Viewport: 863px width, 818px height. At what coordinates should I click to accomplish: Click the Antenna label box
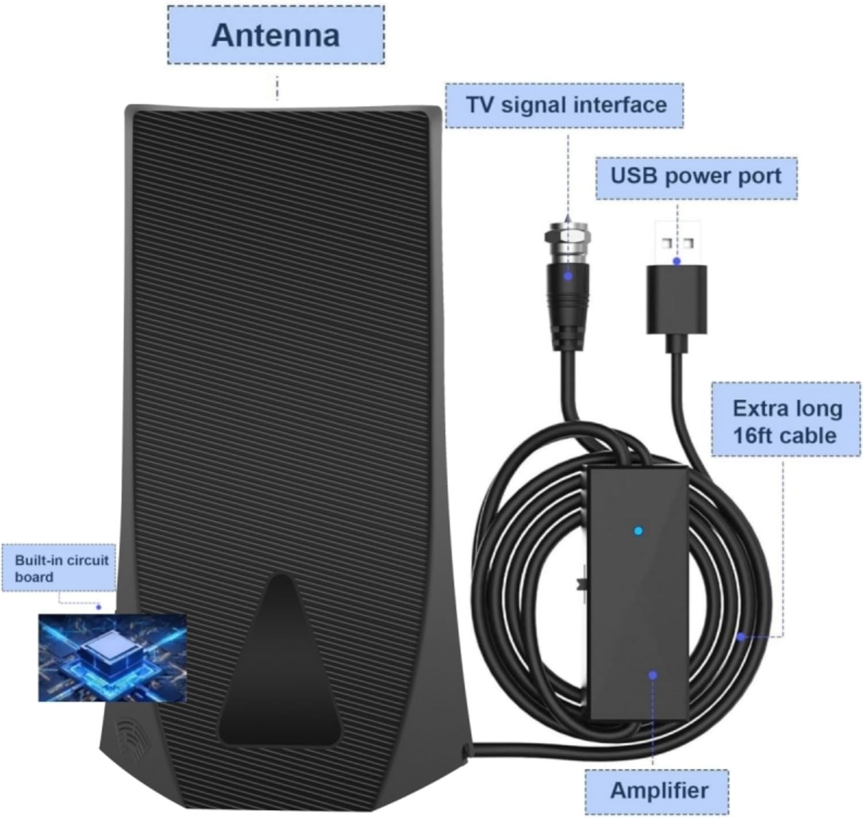(x=276, y=35)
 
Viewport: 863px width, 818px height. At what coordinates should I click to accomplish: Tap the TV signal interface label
(x=566, y=105)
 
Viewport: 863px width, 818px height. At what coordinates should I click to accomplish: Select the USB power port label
(x=696, y=177)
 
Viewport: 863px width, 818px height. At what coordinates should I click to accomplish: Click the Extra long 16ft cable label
(x=786, y=422)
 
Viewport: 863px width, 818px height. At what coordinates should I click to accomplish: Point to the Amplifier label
(x=658, y=790)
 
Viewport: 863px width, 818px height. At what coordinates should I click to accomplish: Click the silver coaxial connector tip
(x=567, y=238)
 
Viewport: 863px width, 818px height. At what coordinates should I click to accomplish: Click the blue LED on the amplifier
(x=637, y=531)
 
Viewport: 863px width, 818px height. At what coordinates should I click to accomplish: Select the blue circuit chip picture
(x=112, y=658)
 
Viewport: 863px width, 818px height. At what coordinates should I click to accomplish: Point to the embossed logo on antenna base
(x=129, y=732)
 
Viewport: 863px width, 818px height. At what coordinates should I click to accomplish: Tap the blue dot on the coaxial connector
(x=568, y=276)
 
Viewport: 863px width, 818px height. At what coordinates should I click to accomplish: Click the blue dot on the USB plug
(x=677, y=262)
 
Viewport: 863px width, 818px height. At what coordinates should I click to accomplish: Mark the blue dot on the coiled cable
(x=742, y=636)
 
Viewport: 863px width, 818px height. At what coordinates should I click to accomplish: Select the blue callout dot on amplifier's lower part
(x=652, y=675)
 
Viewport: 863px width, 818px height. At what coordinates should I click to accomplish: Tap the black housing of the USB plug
(x=677, y=299)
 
